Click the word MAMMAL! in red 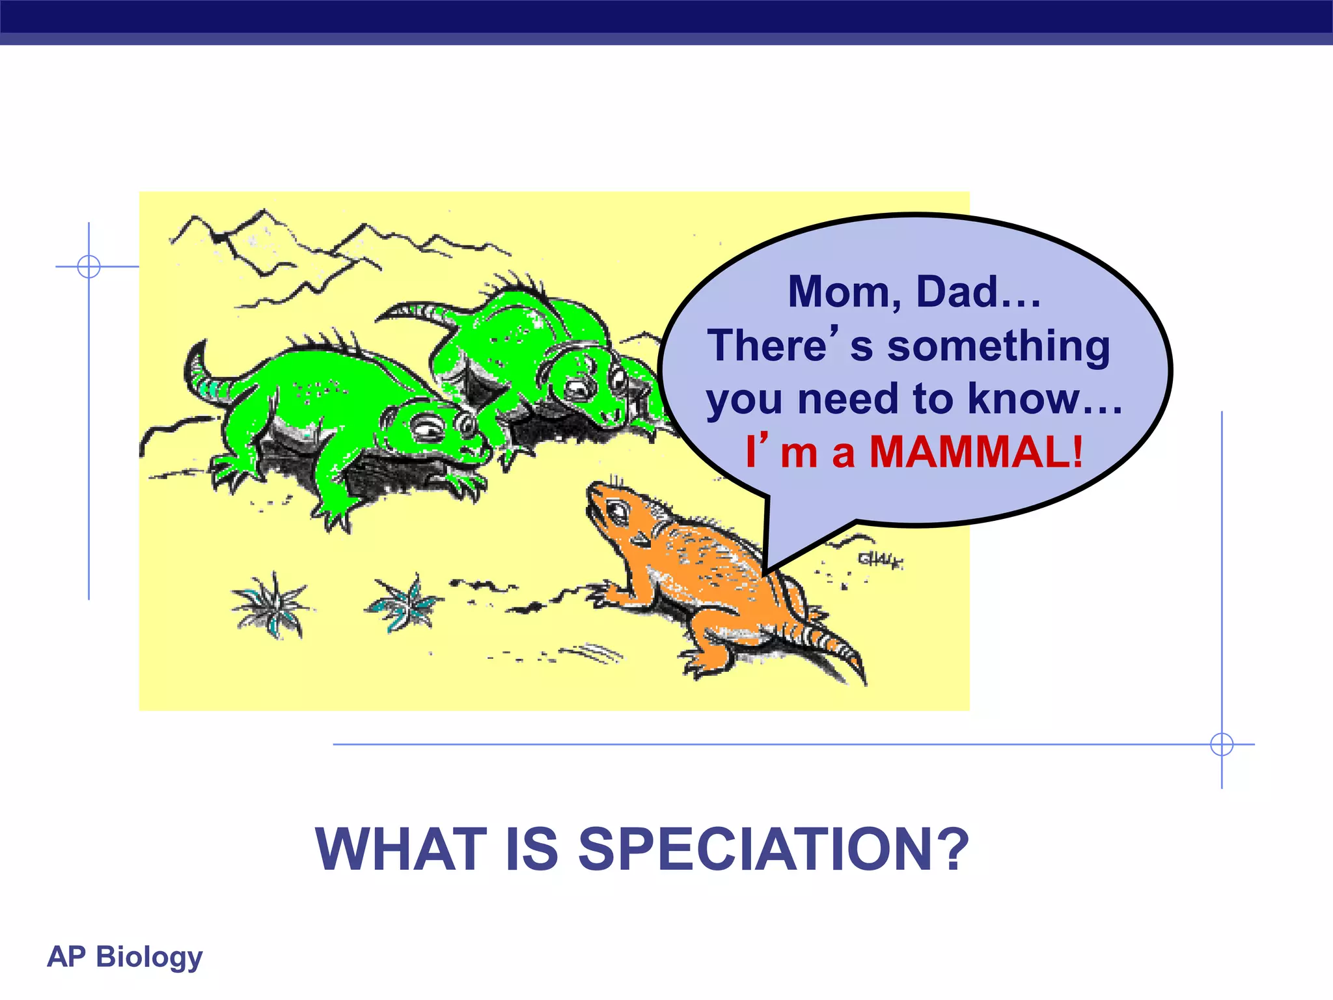(976, 451)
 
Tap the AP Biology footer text (125, 956)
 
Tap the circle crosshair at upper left (89, 266)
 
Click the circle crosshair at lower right (1222, 744)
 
